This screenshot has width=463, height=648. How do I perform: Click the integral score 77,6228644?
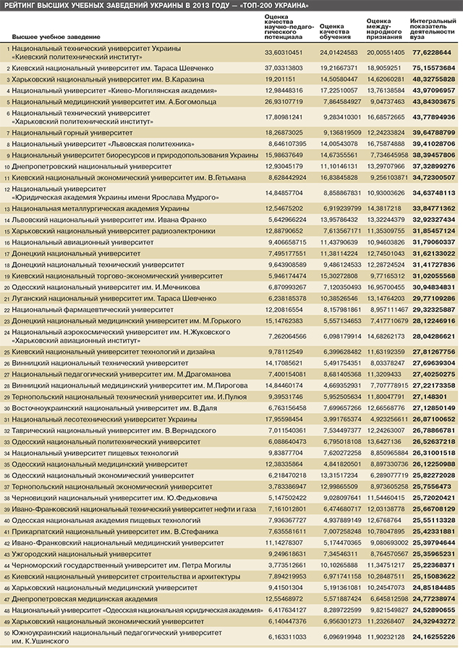tap(433, 53)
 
